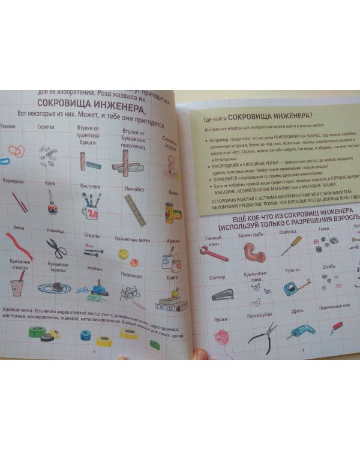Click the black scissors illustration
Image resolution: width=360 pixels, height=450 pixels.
(x=57, y=247)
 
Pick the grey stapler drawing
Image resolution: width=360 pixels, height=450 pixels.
(x=220, y=293)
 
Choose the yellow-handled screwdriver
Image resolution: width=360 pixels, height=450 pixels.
(x=292, y=246)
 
